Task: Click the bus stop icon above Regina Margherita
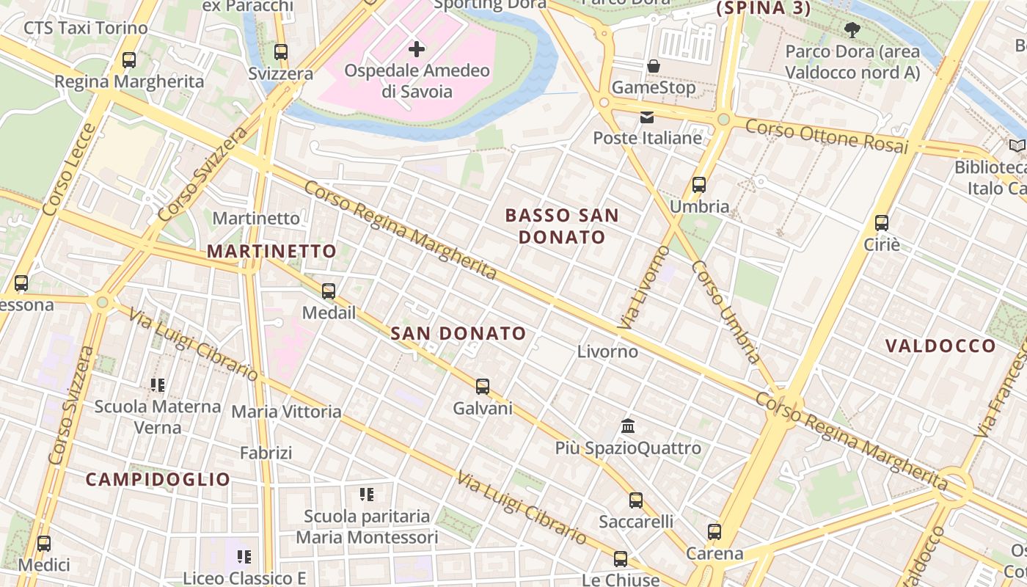(x=129, y=60)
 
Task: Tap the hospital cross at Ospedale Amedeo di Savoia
(x=417, y=49)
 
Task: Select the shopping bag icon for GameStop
(x=654, y=66)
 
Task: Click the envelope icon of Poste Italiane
(x=647, y=117)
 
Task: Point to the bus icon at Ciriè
(x=882, y=223)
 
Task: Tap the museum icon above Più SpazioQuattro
(x=628, y=426)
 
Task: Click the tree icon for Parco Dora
(x=852, y=30)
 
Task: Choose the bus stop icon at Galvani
(x=482, y=387)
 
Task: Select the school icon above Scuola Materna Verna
(x=158, y=384)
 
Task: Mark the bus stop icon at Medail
(x=329, y=291)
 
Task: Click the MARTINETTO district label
(x=271, y=251)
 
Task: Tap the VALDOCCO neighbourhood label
(x=940, y=346)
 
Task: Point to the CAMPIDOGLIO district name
(x=158, y=479)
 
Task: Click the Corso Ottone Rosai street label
(x=827, y=136)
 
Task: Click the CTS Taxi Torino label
(x=86, y=28)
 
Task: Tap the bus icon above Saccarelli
(x=636, y=500)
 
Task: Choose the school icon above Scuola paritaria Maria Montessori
(x=367, y=495)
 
